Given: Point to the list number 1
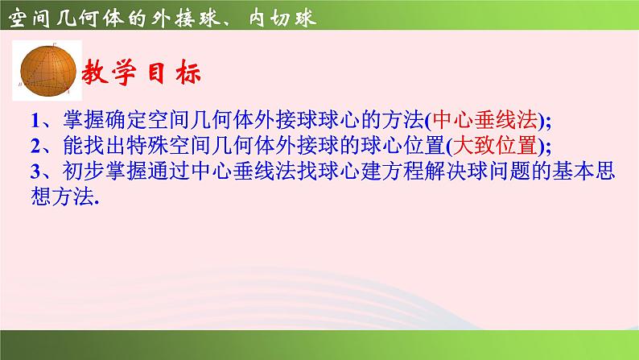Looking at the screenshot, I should point(35,121).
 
